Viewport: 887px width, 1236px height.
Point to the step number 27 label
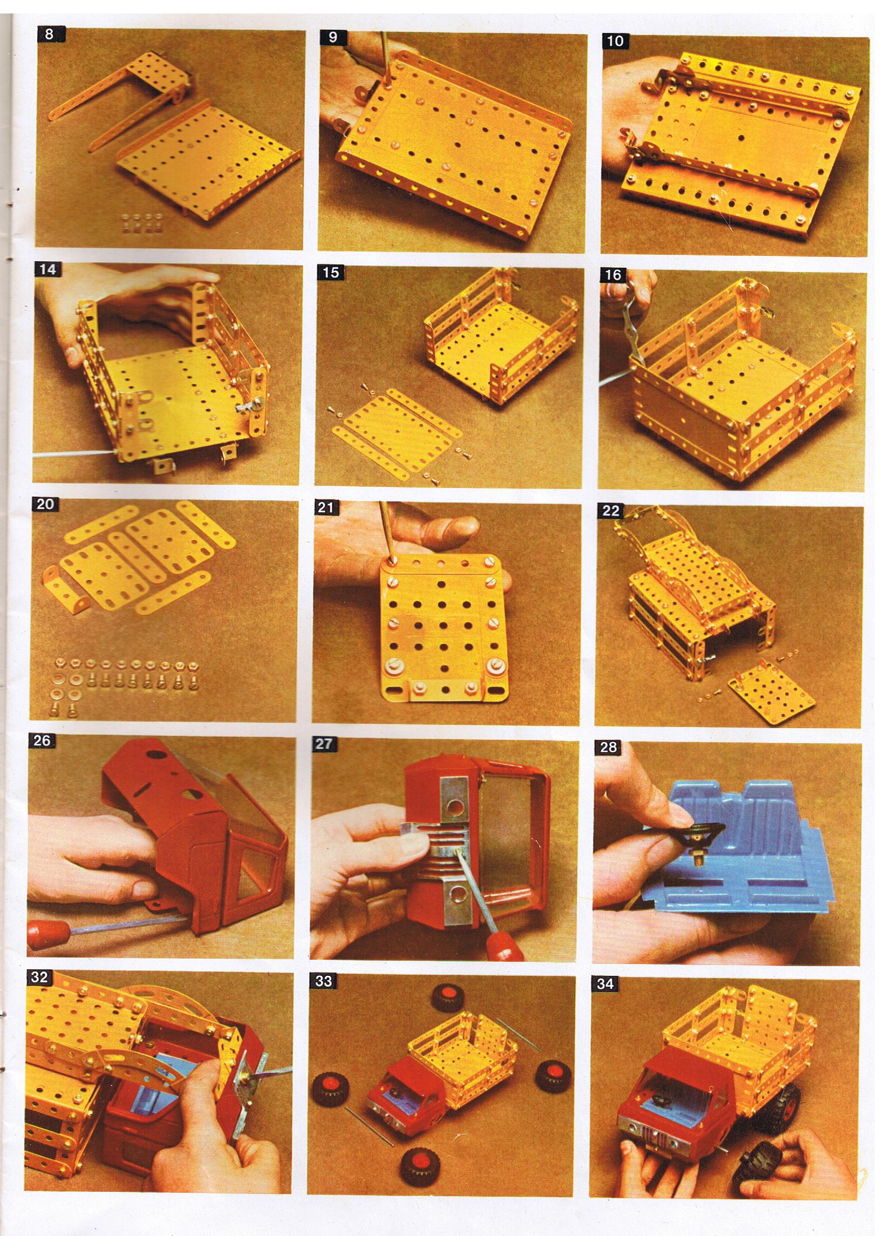tap(323, 743)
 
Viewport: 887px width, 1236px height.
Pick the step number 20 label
tap(46, 504)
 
